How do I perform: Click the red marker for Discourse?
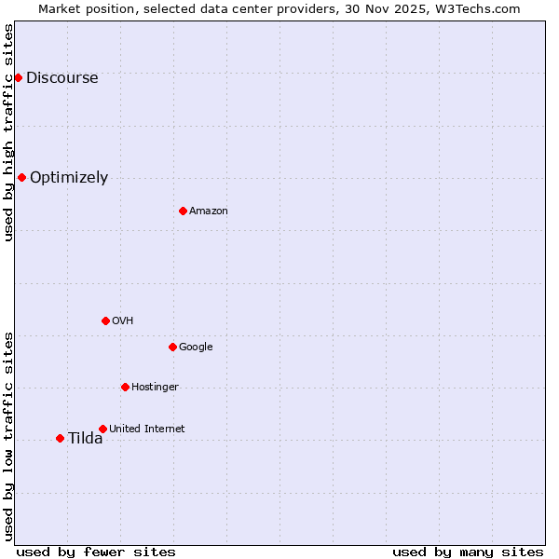coord(18,77)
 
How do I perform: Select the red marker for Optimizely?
coord(21,177)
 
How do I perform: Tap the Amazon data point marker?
coord(183,211)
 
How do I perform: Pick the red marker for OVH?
coord(105,320)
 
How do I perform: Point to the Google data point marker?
coord(172,347)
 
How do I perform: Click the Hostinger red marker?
coord(125,387)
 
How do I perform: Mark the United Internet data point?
coord(102,429)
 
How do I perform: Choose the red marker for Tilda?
coord(60,438)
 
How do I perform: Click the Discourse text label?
coord(61,78)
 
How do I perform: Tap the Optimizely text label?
coord(69,178)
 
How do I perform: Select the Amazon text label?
coord(209,211)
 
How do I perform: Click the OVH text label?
coord(123,321)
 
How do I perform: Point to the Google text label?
coord(196,348)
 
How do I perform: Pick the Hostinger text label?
coord(155,388)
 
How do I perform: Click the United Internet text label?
coord(147,429)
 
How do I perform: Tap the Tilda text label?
coord(85,439)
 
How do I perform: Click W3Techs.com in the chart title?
coord(473,8)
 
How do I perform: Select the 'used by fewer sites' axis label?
coord(96,552)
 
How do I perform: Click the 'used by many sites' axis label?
coord(468,552)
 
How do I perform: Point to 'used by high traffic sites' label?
coord(9,132)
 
